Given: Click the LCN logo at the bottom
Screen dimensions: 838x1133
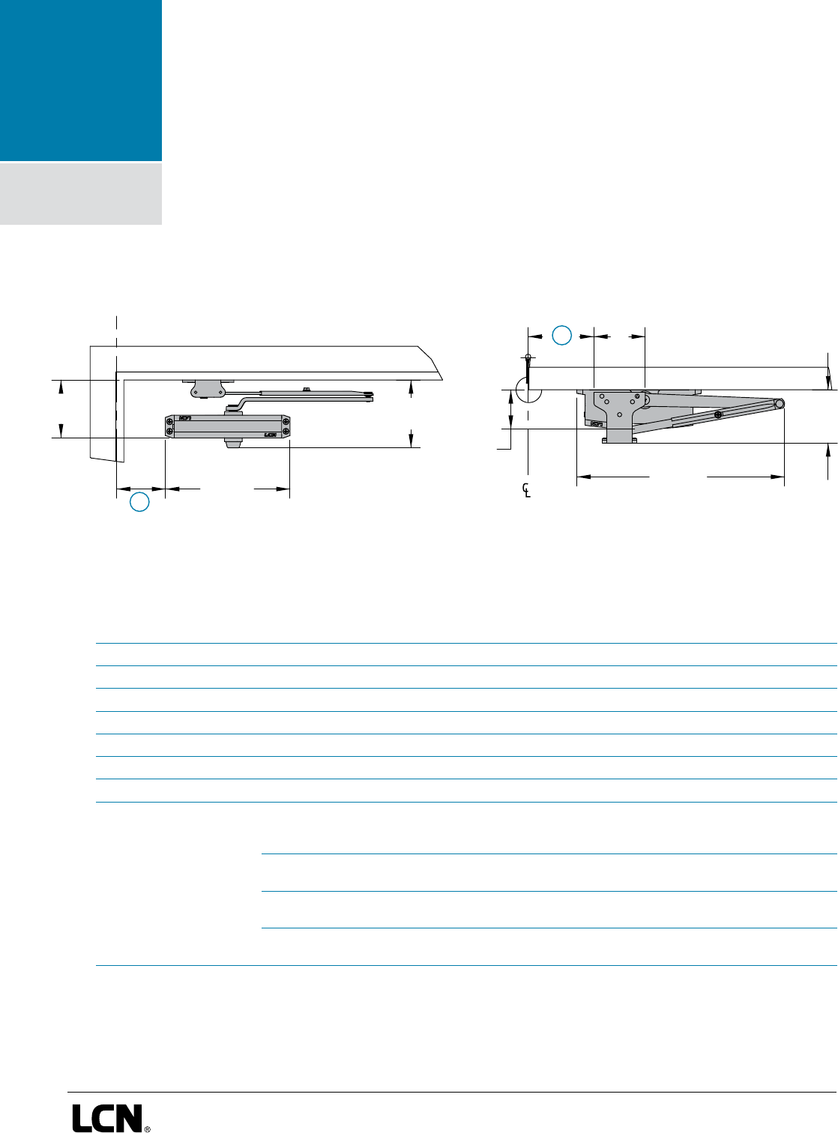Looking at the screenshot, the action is coord(107,1117).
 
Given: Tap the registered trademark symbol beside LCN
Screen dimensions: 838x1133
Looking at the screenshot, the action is coord(147,1127).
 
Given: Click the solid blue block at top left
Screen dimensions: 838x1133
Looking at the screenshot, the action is coord(81,80).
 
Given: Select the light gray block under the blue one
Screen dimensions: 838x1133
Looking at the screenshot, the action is coord(81,194).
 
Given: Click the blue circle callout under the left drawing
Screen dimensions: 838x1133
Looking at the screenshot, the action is coord(139,502).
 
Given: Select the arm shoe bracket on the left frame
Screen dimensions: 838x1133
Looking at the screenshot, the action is coord(208,387).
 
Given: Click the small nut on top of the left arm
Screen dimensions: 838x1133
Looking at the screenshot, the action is coord(306,389).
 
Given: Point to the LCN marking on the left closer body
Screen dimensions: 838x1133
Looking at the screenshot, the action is coord(271,434).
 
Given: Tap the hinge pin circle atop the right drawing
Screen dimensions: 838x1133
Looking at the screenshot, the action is coord(528,357).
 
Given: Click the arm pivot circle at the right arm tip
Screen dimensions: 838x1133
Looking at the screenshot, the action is coord(780,404).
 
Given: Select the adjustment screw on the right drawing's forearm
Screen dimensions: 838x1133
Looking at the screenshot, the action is coord(718,415).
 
